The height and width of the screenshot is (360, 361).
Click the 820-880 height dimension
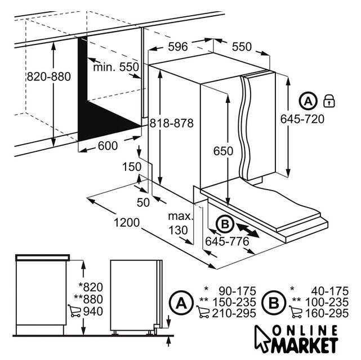click(49, 76)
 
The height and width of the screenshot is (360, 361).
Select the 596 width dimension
click(178, 47)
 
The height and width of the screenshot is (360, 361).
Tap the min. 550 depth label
click(116, 67)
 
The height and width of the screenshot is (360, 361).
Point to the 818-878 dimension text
click(172, 123)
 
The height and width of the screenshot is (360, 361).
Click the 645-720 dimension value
click(302, 119)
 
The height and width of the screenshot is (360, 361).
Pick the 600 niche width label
click(108, 146)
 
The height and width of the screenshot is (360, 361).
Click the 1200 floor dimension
click(127, 223)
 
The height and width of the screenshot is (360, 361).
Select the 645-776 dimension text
click(227, 241)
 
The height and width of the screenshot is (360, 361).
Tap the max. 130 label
click(180, 223)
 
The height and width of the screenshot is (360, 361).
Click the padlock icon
click(329, 101)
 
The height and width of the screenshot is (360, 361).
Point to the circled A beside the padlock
click(309, 101)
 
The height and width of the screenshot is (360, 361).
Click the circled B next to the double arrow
click(225, 224)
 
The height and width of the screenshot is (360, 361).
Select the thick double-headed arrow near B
click(248, 231)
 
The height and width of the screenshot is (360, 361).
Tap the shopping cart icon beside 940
click(74, 311)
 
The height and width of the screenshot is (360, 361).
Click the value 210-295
click(234, 313)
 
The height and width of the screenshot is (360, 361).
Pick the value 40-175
click(330, 291)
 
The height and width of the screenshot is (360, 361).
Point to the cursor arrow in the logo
click(262, 339)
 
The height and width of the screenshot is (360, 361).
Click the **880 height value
click(88, 299)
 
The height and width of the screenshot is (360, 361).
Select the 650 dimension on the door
click(223, 151)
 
